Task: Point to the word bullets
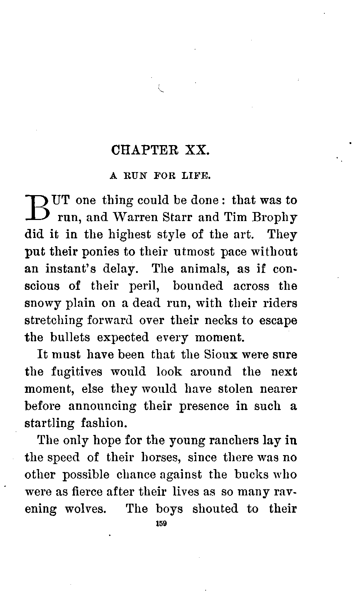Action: pos(70,337)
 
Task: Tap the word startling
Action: pos(49,423)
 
